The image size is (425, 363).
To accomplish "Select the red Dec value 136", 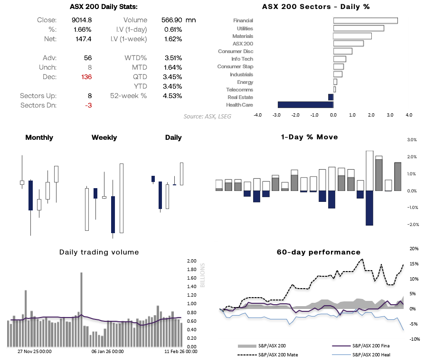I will (86, 77).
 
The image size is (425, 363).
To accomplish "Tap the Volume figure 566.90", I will (171, 20).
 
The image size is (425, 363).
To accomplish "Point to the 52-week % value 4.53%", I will (173, 96).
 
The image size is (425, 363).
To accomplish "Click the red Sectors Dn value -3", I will (88, 105).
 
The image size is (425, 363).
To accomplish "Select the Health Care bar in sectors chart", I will (305, 105).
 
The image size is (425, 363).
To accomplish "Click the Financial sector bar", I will (365, 20).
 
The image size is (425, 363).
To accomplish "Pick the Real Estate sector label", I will (240, 97).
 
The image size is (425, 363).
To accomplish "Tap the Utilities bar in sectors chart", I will (359, 28).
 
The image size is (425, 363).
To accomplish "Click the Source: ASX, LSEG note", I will (208, 116).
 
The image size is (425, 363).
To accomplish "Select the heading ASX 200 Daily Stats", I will (104, 7).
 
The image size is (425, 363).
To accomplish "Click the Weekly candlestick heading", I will (104, 137).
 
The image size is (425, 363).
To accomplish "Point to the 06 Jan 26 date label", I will (107, 352).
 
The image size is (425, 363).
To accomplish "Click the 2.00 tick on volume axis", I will (191, 261).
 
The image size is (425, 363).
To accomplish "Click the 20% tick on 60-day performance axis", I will (414, 248).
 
